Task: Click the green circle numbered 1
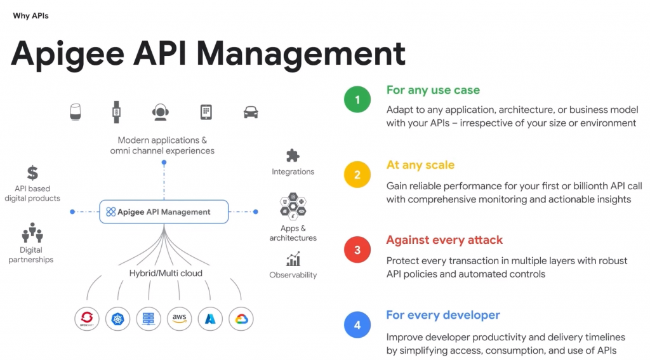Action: (x=357, y=100)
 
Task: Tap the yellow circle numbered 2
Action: (x=357, y=175)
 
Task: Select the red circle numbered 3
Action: (x=357, y=250)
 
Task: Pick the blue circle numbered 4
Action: (x=357, y=324)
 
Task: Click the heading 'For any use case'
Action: (x=433, y=90)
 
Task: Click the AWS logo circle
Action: (x=180, y=318)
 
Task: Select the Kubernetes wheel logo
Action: (x=117, y=318)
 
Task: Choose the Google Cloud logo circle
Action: (x=241, y=318)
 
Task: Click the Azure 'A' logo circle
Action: (x=210, y=318)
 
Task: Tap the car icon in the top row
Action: (x=251, y=112)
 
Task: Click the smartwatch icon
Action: (x=116, y=112)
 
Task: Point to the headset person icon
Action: (x=161, y=112)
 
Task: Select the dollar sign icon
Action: (x=32, y=173)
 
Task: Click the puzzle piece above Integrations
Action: (x=293, y=156)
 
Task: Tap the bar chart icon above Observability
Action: (x=293, y=259)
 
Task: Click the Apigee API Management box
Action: (x=164, y=211)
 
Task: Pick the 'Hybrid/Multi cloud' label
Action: (x=166, y=273)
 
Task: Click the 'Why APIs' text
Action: (x=30, y=16)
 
